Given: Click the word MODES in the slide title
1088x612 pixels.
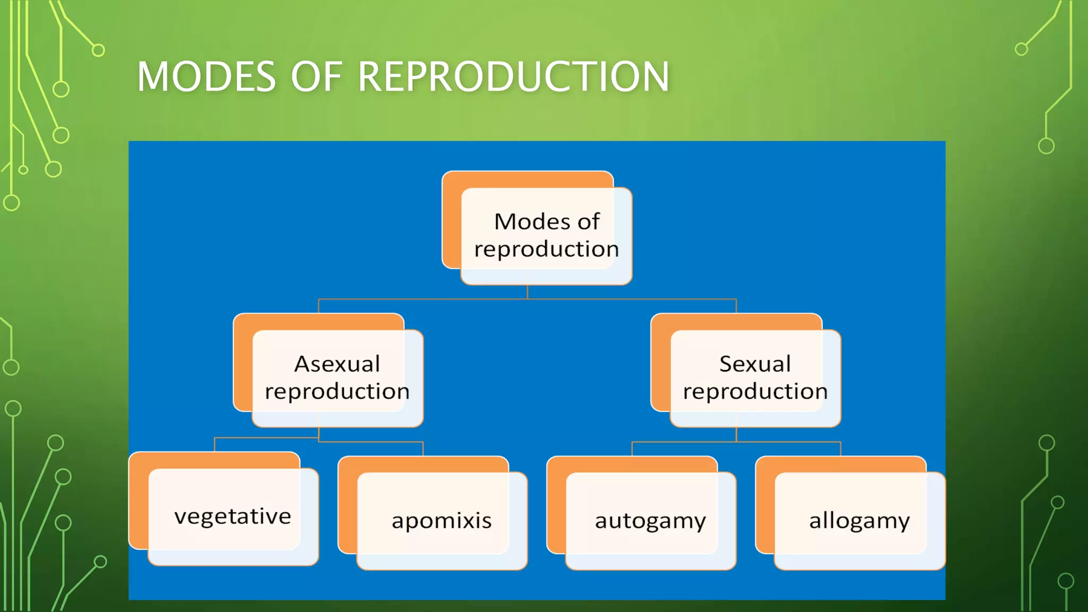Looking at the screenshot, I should click(x=206, y=77).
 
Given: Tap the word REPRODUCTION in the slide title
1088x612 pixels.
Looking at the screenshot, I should click(x=513, y=77).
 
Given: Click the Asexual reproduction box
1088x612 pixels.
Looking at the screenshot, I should click(x=337, y=378).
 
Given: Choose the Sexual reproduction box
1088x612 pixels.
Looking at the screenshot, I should click(x=755, y=378).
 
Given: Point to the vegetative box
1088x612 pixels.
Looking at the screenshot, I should click(x=233, y=516).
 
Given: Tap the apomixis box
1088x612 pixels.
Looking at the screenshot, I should click(x=441, y=521).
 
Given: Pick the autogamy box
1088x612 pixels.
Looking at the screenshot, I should click(x=650, y=521).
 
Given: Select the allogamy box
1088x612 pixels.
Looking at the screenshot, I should click(x=859, y=521).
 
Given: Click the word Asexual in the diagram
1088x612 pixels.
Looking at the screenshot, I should click(x=337, y=364).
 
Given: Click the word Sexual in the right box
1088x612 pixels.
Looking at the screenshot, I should click(x=755, y=364).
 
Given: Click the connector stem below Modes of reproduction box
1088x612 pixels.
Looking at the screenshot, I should click(x=528, y=292).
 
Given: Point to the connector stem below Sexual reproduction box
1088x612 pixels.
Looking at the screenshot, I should click(x=736, y=435).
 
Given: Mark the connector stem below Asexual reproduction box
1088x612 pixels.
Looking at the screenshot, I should click(x=319, y=433).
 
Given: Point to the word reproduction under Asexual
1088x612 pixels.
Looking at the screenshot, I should click(x=337, y=392).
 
